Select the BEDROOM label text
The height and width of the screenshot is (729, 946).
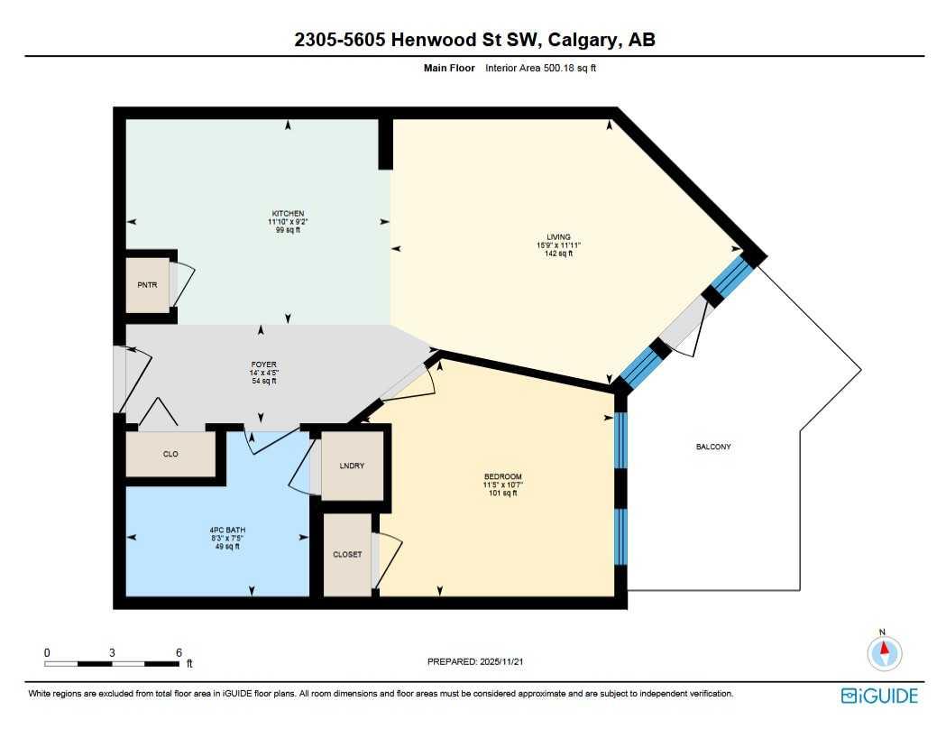[502, 476]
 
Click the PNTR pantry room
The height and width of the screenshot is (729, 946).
[147, 285]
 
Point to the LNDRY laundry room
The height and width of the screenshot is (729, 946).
[352, 466]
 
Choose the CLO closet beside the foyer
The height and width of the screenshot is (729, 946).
[170, 454]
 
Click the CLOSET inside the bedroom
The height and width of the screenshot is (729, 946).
[347, 554]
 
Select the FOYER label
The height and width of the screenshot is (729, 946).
[263, 365]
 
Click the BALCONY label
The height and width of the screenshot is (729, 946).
[712, 447]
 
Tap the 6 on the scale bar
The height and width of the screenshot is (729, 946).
[179, 652]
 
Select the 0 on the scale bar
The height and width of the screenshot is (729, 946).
[47, 652]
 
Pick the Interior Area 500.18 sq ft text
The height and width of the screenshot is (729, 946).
[540, 68]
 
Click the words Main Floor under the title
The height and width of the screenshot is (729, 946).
[449, 68]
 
